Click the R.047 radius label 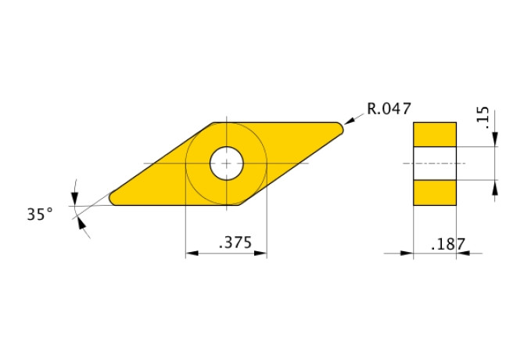(x=389, y=109)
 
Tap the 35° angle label (x=40, y=214)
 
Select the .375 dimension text (x=235, y=243)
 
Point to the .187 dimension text (x=448, y=244)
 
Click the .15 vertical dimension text (x=483, y=117)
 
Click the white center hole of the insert (x=227, y=164)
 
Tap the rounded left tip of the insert (x=113, y=198)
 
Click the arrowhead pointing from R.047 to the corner (x=350, y=121)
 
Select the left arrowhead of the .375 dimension (x=192, y=254)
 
